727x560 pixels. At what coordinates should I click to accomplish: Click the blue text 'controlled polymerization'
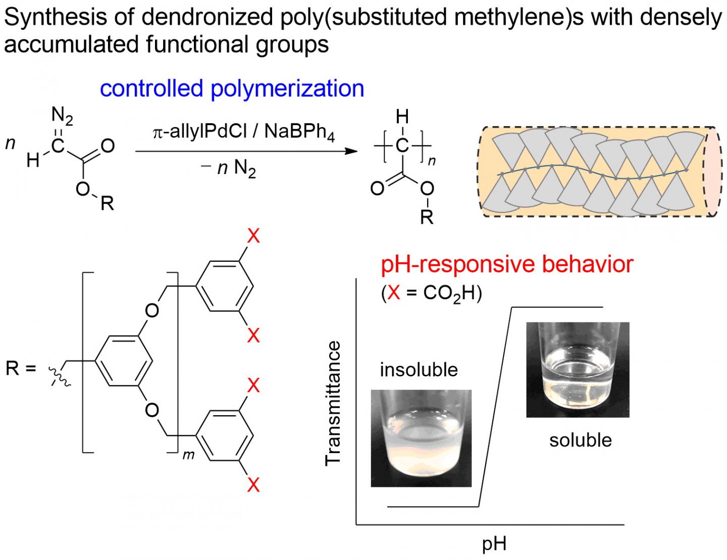(x=232, y=89)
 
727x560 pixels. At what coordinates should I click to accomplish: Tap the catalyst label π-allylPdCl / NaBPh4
(x=244, y=132)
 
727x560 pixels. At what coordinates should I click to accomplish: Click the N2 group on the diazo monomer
(x=62, y=117)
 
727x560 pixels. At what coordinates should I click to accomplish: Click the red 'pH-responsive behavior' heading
(x=506, y=264)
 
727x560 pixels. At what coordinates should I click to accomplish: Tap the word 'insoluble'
(x=419, y=370)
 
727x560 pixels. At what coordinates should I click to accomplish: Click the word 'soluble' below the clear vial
(x=580, y=440)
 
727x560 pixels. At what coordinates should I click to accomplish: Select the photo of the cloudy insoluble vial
(x=421, y=438)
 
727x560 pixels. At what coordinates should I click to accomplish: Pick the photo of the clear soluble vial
(x=578, y=370)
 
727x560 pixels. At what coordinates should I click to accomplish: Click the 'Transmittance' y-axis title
(x=334, y=404)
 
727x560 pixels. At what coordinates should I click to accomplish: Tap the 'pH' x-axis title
(x=494, y=544)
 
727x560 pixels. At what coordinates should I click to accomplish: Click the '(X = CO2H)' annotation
(x=431, y=293)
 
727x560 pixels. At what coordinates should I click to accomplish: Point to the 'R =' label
(x=21, y=368)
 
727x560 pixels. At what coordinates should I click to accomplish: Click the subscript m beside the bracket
(x=188, y=455)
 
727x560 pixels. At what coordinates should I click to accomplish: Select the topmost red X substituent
(x=253, y=236)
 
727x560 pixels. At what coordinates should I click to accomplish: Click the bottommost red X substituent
(x=253, y=485)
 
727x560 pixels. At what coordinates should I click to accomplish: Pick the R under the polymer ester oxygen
(x=427, y=217)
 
